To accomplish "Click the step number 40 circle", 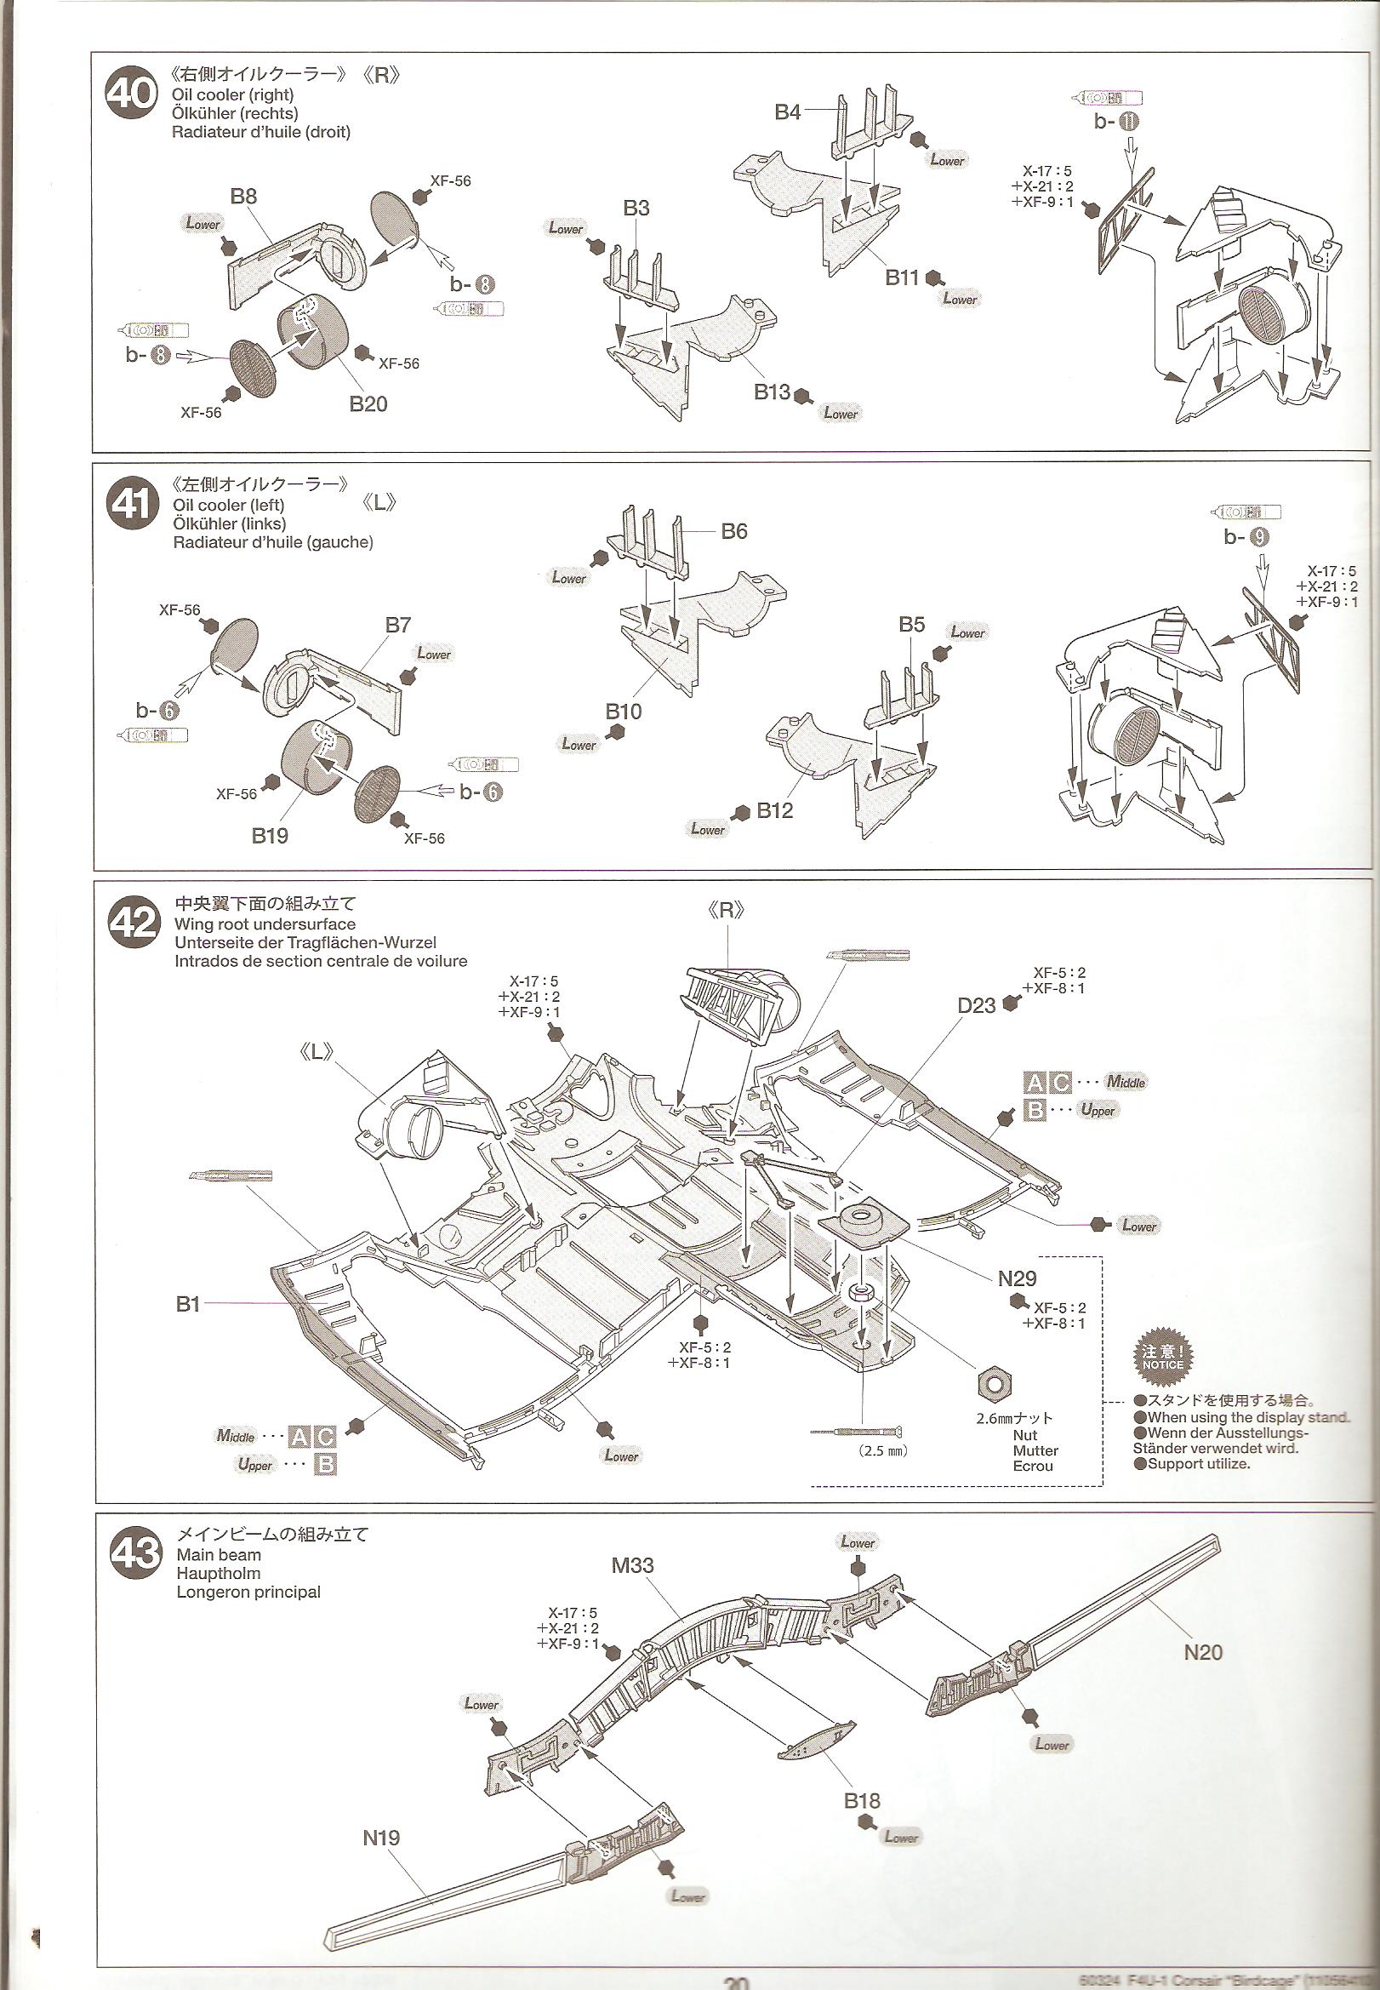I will coord(130,94).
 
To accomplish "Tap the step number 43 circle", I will coord(136,1554).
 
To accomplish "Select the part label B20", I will coord(368,404).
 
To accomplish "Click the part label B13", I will coord(773,392).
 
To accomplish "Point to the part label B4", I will coord(787,112).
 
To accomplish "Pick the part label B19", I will coord(270,836).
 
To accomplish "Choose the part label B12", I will coord(775,810).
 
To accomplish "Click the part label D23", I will coord(976,1005).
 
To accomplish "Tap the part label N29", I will coord(1017,1278).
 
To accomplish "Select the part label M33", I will coord(632,1564).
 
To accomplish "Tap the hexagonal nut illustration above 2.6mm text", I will coord(995,1386).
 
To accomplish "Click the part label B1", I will coord(188,1303).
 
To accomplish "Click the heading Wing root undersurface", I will coord(265,924).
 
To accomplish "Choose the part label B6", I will coord(733,531).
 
